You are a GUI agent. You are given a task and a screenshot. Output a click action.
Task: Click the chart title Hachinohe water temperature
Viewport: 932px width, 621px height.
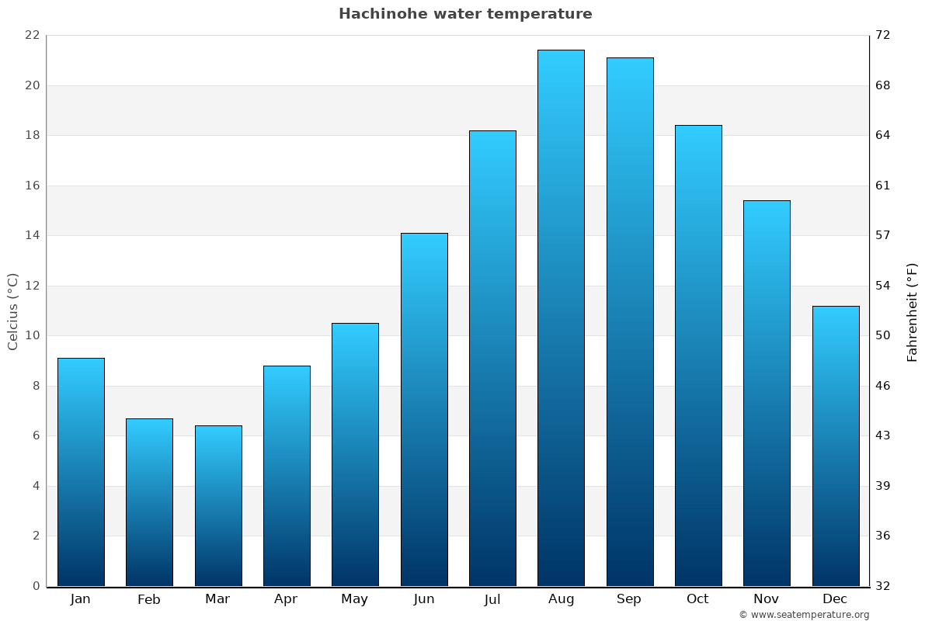(x=465, y=14)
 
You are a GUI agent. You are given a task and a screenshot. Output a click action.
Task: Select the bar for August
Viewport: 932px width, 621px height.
(x=561, y=318)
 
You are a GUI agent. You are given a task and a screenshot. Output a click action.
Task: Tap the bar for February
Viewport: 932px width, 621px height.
(x=149, y=502)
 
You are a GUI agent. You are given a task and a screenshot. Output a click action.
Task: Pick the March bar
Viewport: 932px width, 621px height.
(x=218, y=506)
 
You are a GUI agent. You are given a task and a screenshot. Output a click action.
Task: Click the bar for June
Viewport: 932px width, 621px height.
(x=424, y=410)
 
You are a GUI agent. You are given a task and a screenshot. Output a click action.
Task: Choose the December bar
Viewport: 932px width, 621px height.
(x=836, y=446)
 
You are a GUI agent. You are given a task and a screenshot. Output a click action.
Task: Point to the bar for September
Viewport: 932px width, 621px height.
(x=630, y=322)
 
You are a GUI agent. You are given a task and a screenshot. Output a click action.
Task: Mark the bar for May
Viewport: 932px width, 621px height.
(x=355, y=455)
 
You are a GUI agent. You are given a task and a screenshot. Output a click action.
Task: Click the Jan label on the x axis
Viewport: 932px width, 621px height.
(x=81, y=599)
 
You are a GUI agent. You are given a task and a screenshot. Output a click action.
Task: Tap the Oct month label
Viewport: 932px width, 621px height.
(x=697, y=599)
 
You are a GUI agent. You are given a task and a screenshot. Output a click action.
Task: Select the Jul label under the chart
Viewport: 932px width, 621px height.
(x=492, y=599)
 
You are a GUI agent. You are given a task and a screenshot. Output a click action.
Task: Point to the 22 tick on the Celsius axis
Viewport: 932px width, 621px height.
(x=32, y=36)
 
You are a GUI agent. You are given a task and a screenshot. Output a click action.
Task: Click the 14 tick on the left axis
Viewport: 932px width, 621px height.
(x=32, y=235)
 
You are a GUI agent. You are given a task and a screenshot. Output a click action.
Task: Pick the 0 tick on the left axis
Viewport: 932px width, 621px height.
(x=36, y=586)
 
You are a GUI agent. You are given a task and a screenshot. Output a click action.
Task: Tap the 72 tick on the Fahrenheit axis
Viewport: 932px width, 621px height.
(x=883, y=36)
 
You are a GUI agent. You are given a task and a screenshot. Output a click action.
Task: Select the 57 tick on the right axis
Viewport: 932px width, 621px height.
(x=883, y=235)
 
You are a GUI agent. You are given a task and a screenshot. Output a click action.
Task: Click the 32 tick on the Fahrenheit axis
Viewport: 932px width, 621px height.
(x=883, y=586)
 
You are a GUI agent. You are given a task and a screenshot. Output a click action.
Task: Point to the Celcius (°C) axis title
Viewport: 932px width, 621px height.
(x=13, y=311)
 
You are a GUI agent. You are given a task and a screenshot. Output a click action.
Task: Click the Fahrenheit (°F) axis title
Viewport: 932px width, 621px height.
(x=913, y=311)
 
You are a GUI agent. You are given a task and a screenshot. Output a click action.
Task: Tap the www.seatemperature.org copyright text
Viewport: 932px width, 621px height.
(x=804, y=615)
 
